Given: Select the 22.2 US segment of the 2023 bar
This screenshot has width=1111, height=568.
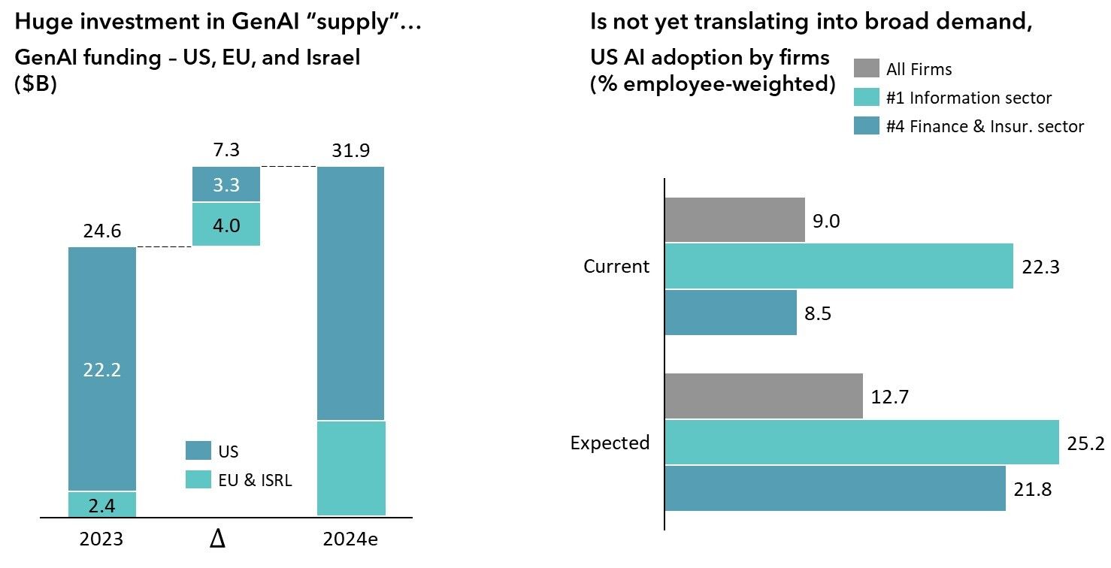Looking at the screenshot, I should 102,369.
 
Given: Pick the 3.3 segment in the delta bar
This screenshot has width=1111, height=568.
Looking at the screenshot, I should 226,184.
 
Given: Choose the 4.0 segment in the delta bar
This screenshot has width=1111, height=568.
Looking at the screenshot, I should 226,224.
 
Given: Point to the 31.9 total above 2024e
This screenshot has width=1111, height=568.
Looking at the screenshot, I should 351,152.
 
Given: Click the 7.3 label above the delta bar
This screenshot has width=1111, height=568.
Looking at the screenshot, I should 226,152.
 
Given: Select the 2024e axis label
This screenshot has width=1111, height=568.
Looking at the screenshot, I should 352,540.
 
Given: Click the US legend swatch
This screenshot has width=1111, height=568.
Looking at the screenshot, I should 198,451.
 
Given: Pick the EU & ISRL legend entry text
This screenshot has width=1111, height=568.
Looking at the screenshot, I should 256,481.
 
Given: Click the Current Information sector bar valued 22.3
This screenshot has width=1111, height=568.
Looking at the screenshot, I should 839,266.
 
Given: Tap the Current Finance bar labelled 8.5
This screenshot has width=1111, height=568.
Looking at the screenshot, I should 731,313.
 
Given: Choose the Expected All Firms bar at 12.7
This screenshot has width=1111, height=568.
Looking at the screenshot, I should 764,396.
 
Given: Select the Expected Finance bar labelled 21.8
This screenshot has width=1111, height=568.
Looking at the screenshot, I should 835,488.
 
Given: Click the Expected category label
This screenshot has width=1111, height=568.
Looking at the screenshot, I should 610,443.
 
